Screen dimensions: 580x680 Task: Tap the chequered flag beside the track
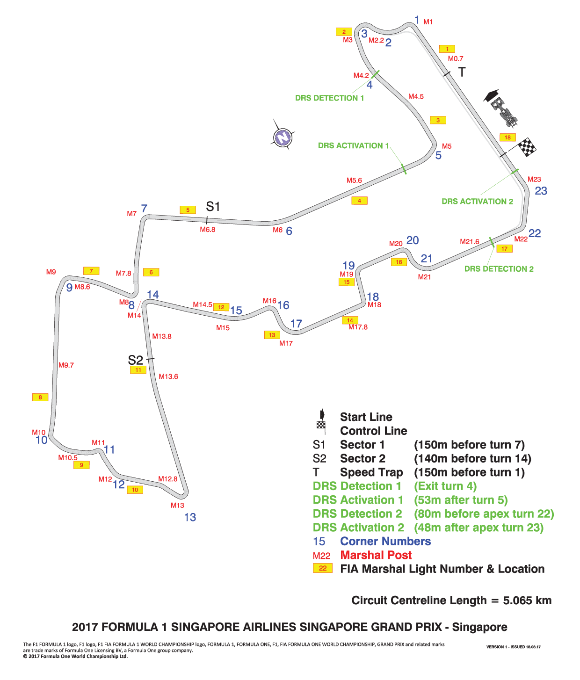(x=527, y=147)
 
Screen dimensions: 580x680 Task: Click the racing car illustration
(x=504, y=111)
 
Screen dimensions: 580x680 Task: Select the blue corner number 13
(x=190, y=518)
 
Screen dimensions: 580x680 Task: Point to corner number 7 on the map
(x=144, y=209)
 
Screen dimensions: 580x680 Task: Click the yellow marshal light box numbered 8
(x=40, y=398)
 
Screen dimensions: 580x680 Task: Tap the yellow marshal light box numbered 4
(x=359, y=201)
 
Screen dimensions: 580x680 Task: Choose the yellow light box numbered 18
(x=507, y=137)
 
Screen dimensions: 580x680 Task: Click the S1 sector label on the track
(x=213, y=207)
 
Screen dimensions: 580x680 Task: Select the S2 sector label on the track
(x=135, y=360)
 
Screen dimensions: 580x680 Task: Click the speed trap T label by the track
(x=462, y=72)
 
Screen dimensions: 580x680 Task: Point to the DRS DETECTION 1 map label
(x=329, y=98)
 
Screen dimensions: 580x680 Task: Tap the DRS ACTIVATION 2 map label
(x=478, y=202)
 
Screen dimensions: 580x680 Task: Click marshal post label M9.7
(x=66, y=365)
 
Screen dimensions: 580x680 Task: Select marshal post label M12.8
(x=168, y=479)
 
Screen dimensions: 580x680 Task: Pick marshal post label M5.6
(x=355, y=180)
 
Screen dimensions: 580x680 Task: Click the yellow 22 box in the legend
(x=323, y=568)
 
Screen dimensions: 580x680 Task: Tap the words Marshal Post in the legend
(x=376, y=555)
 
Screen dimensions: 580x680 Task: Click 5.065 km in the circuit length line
(x=527, y=600)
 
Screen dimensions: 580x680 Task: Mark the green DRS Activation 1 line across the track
(x=404, y=169)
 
